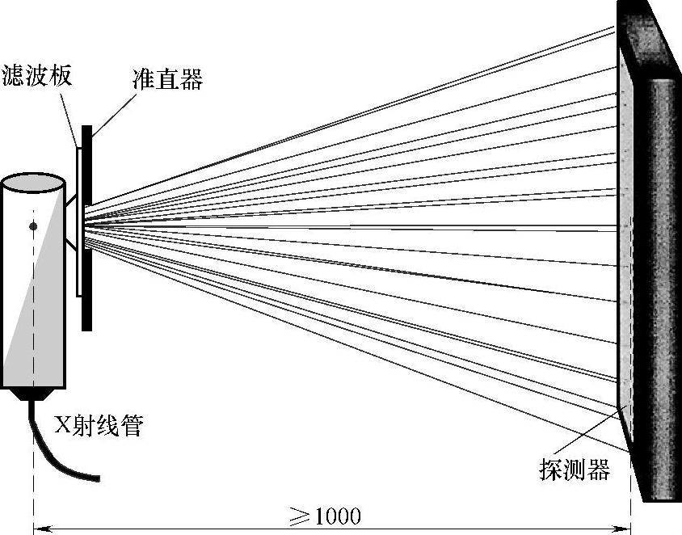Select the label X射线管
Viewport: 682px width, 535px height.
click(98, 425)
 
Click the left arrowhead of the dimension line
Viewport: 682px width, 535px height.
click(39, 529)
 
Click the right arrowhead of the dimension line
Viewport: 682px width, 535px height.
click(625, 529)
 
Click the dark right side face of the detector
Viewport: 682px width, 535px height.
click(659, 283)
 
